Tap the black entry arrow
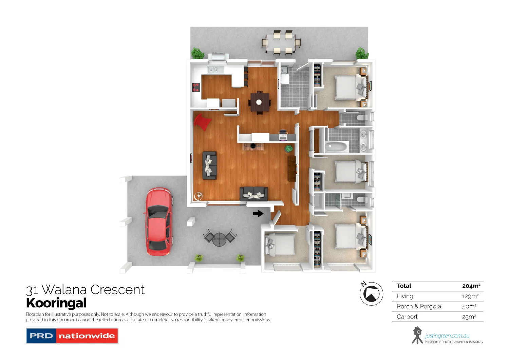[x=258, y=214]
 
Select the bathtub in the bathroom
[x=337, y=147]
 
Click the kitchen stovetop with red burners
[x=196, y=87]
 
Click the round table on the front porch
[x=219, y=238]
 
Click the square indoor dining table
[x=259, y=102]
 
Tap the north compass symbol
[x=371, y=294]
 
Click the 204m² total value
[x=471, y=286]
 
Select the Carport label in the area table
[x=407, y=317]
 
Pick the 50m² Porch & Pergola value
[x=469, y=306]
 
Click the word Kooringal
[x=56, y=303]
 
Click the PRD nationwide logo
[x=72, y=336]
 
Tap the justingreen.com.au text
[x=447, y=336]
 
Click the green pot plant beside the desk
[x=289, y=148]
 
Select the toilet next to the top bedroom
[x=361, y=118]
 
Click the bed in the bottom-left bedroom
[x=280, y=245]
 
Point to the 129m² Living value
[x=470, y=296]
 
